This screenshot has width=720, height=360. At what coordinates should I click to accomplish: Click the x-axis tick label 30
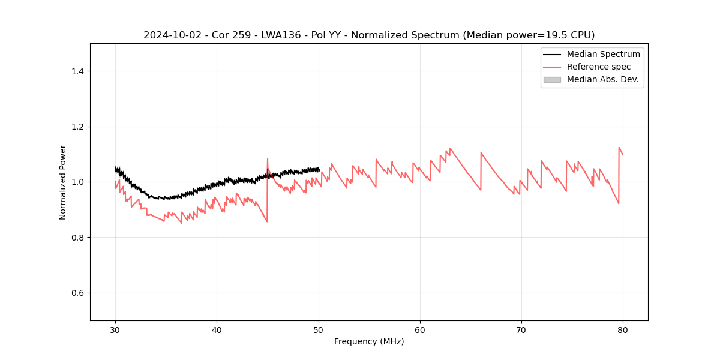[115, 330]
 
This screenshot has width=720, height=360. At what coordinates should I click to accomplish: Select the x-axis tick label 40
[217, 330]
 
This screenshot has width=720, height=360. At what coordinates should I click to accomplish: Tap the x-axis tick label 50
[319, 330]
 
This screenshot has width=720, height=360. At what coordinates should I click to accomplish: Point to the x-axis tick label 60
[420, 330]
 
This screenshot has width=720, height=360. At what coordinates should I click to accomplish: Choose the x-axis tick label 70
[521, 330]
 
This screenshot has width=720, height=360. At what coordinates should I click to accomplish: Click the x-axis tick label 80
[623, 330]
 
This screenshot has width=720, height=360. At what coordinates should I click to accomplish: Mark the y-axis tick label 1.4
[77, 71]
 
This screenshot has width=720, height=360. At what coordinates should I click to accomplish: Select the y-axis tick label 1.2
[77, 127]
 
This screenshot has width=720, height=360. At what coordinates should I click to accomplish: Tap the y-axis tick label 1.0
[77, 182]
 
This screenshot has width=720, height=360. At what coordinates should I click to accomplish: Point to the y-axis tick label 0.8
[77, 238]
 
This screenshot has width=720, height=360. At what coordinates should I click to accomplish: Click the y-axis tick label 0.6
[77, 293]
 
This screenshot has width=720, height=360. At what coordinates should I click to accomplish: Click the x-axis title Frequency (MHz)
[369, 341]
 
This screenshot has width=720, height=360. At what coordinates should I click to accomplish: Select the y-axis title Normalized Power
[63, 182]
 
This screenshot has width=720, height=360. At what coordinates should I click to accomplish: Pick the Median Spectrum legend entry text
[603, 54]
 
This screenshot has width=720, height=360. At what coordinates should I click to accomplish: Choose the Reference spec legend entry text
[599, 67]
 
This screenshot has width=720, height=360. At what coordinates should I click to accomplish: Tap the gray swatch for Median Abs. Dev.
[552, 79]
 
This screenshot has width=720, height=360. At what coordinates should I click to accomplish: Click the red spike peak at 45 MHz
[268, 159]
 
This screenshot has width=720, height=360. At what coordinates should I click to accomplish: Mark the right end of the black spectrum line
[319, 171]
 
